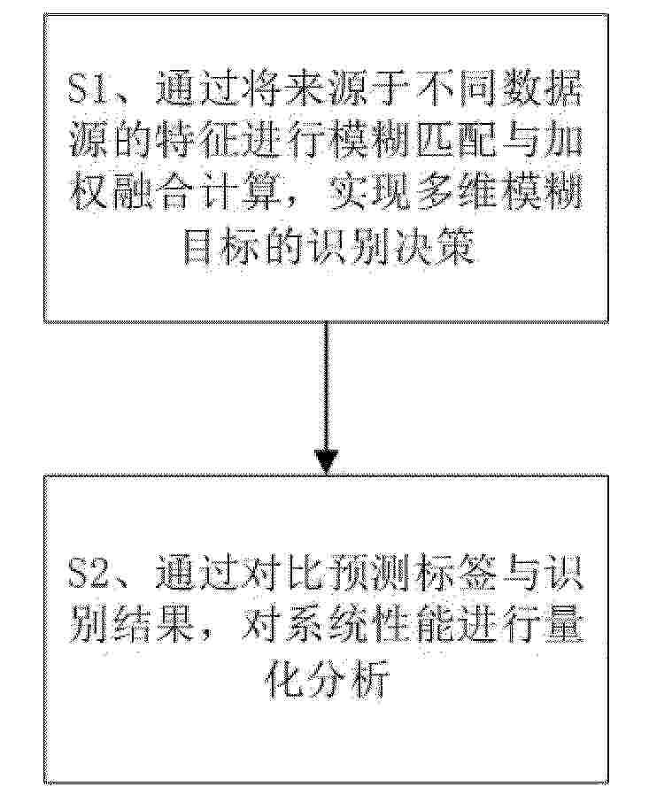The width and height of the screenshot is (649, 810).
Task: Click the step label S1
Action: (x=89, y=89)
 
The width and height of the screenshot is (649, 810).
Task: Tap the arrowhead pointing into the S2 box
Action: (x=326, y=461)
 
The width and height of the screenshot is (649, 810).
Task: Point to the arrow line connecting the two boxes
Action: (x=326, y=397)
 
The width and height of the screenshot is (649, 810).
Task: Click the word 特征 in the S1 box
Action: (x=197, y=140)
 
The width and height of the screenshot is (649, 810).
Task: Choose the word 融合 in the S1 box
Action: (x=153, y=191)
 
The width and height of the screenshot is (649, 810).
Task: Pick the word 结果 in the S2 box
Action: (x=153, y=627)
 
